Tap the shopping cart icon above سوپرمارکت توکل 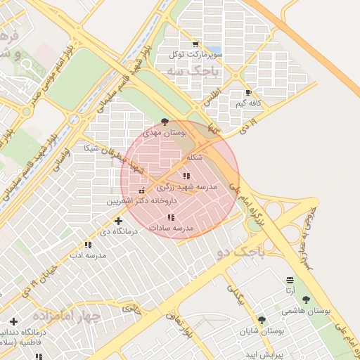tap(195, 44)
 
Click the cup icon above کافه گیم tap(248, 93)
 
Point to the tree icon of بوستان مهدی tap(165, 122)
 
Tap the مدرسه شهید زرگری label tap(187, 187)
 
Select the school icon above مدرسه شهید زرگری tap(186, 176)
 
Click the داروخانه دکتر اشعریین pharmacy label tap(143, 200)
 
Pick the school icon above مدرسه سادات tap(171, 218)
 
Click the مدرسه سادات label tap(172, 229)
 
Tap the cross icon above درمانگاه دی tap(118, 221)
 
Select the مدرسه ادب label tap(91, 255)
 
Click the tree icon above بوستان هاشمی tap(306, 300)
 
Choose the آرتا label tap(290, 290)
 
